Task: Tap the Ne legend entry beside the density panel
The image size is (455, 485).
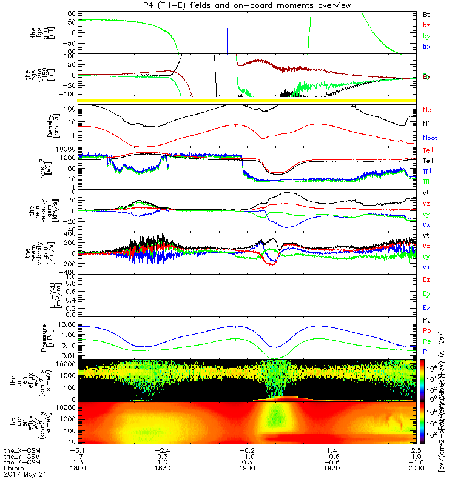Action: pyautogui.click(x=426, y=110)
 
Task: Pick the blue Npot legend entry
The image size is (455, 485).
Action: pyautogui.click(x=430, y=138)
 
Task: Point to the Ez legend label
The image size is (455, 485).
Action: pyautogui.click(x=426, y=279)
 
